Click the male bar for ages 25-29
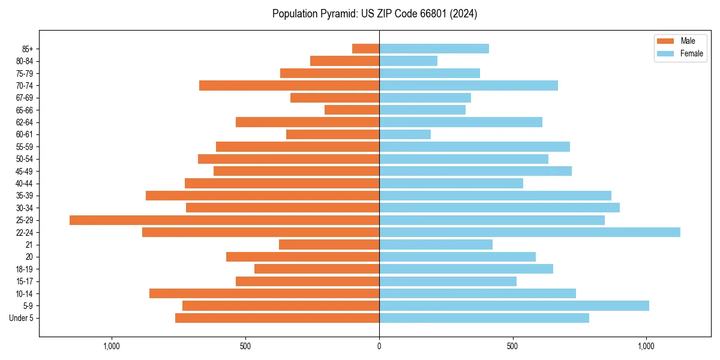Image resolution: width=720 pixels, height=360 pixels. pos(224,220)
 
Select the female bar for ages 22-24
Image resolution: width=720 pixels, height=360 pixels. pos(529,232)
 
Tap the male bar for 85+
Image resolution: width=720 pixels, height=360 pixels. pos(365,49)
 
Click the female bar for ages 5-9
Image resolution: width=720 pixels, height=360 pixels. pos(514,305)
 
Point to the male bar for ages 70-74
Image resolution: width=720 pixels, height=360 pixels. pos(289,85)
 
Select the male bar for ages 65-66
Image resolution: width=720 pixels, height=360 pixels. pos(352,110)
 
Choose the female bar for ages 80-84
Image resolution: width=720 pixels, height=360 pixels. pos(408,61)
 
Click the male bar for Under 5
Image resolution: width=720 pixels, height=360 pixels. pos(277,318)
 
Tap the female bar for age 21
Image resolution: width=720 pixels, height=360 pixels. pos(436,244)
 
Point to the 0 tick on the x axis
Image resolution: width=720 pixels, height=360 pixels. pos(379,346)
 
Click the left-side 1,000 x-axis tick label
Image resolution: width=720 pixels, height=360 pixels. pos(112,346)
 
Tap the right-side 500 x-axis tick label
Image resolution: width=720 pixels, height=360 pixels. pos(512,346)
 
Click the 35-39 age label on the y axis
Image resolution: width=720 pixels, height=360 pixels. pos(25,196)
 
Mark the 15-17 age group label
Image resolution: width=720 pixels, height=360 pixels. pos(25,281)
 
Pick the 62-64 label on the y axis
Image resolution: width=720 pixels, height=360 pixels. pos(25,122)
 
